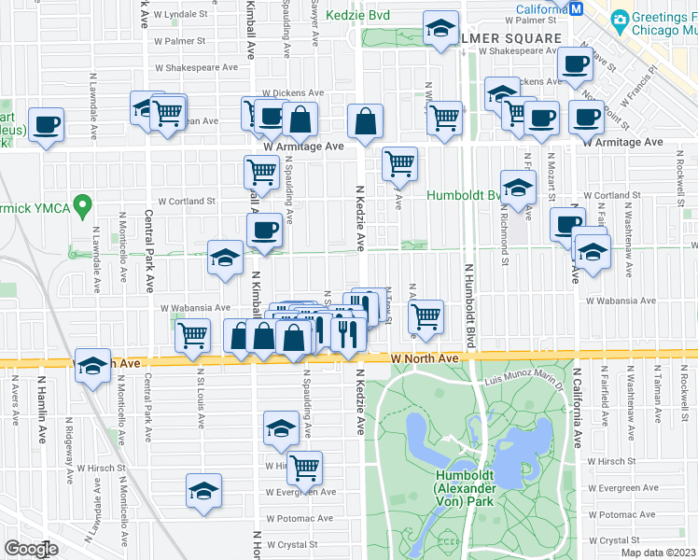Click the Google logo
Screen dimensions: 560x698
pyautogui.click(x=31, y=549)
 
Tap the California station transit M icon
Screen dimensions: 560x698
pyautogui.click(x=577, y=9)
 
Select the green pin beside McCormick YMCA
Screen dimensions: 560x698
pyautogui.click(x=83, y=203)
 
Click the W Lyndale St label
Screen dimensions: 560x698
pyautogui.click(x=185, y=16)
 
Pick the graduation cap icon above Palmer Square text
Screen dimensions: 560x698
pyautogui.click(x=440, y=29)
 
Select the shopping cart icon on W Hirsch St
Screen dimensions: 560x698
pyautogui.click(x=304, y=467)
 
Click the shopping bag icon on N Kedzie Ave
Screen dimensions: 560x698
pyautogui.click(x=365, y=120)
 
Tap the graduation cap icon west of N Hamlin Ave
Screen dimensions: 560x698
pyautogui.click(x=93, y=369)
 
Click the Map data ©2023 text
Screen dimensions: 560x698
pyautogui.click(x=659, y=552)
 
